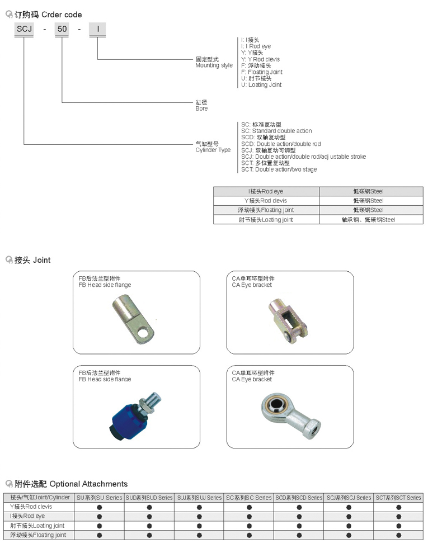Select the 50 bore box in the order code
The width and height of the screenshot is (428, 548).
(x=62, y=30)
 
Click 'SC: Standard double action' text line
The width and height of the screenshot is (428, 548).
(x=276, y=131)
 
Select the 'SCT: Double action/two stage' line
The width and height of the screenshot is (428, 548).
(x=279, y=169)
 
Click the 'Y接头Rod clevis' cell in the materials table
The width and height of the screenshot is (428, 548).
(x=266, y=200)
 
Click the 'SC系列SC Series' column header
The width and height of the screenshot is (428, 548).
(x=248, y=497)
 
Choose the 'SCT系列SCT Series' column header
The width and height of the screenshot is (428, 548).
(x=398, y=497)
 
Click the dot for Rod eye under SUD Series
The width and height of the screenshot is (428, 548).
(x=149, y=516)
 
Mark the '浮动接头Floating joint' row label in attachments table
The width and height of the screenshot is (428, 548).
(x=38, y=535)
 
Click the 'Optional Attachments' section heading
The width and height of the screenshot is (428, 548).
(x=88, y=484)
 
